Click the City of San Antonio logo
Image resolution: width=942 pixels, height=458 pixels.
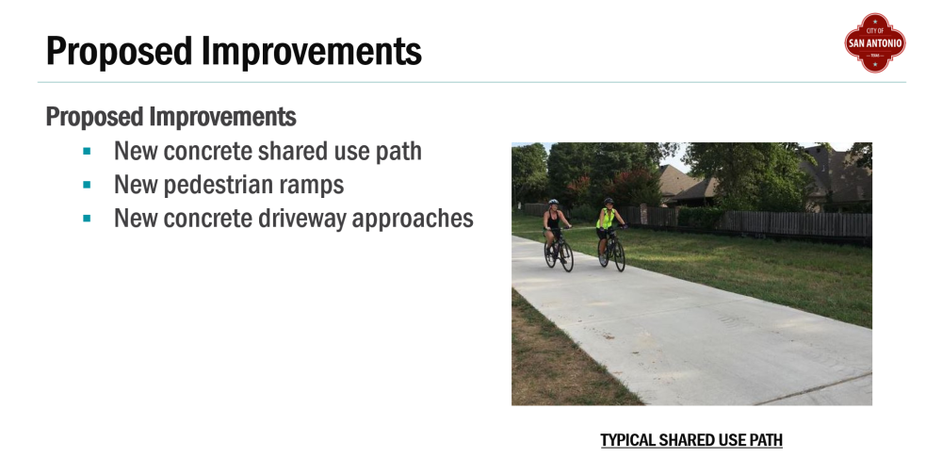coord(875,42)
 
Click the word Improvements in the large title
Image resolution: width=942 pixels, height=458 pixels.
coord(312,51)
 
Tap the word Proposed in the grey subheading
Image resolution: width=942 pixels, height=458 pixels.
coord(95,117)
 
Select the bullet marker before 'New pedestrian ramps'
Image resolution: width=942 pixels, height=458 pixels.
coord(87,185)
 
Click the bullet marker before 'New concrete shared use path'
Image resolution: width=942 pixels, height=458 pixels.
coord(87,151)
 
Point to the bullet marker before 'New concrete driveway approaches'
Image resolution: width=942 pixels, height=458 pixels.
coord(87,219)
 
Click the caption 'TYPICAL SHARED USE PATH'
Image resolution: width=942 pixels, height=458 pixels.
coord(691,441)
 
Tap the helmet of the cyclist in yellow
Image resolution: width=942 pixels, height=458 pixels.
coord(609,202)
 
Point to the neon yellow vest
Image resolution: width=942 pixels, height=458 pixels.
coord(606,219)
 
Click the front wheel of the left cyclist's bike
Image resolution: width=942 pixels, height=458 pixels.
coord(566,256)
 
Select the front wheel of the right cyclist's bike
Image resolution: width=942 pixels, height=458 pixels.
coord(619,256)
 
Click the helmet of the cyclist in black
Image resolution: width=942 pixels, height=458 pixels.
coord(553,203)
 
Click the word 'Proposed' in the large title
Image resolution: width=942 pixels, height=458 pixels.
coord(119,51)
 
